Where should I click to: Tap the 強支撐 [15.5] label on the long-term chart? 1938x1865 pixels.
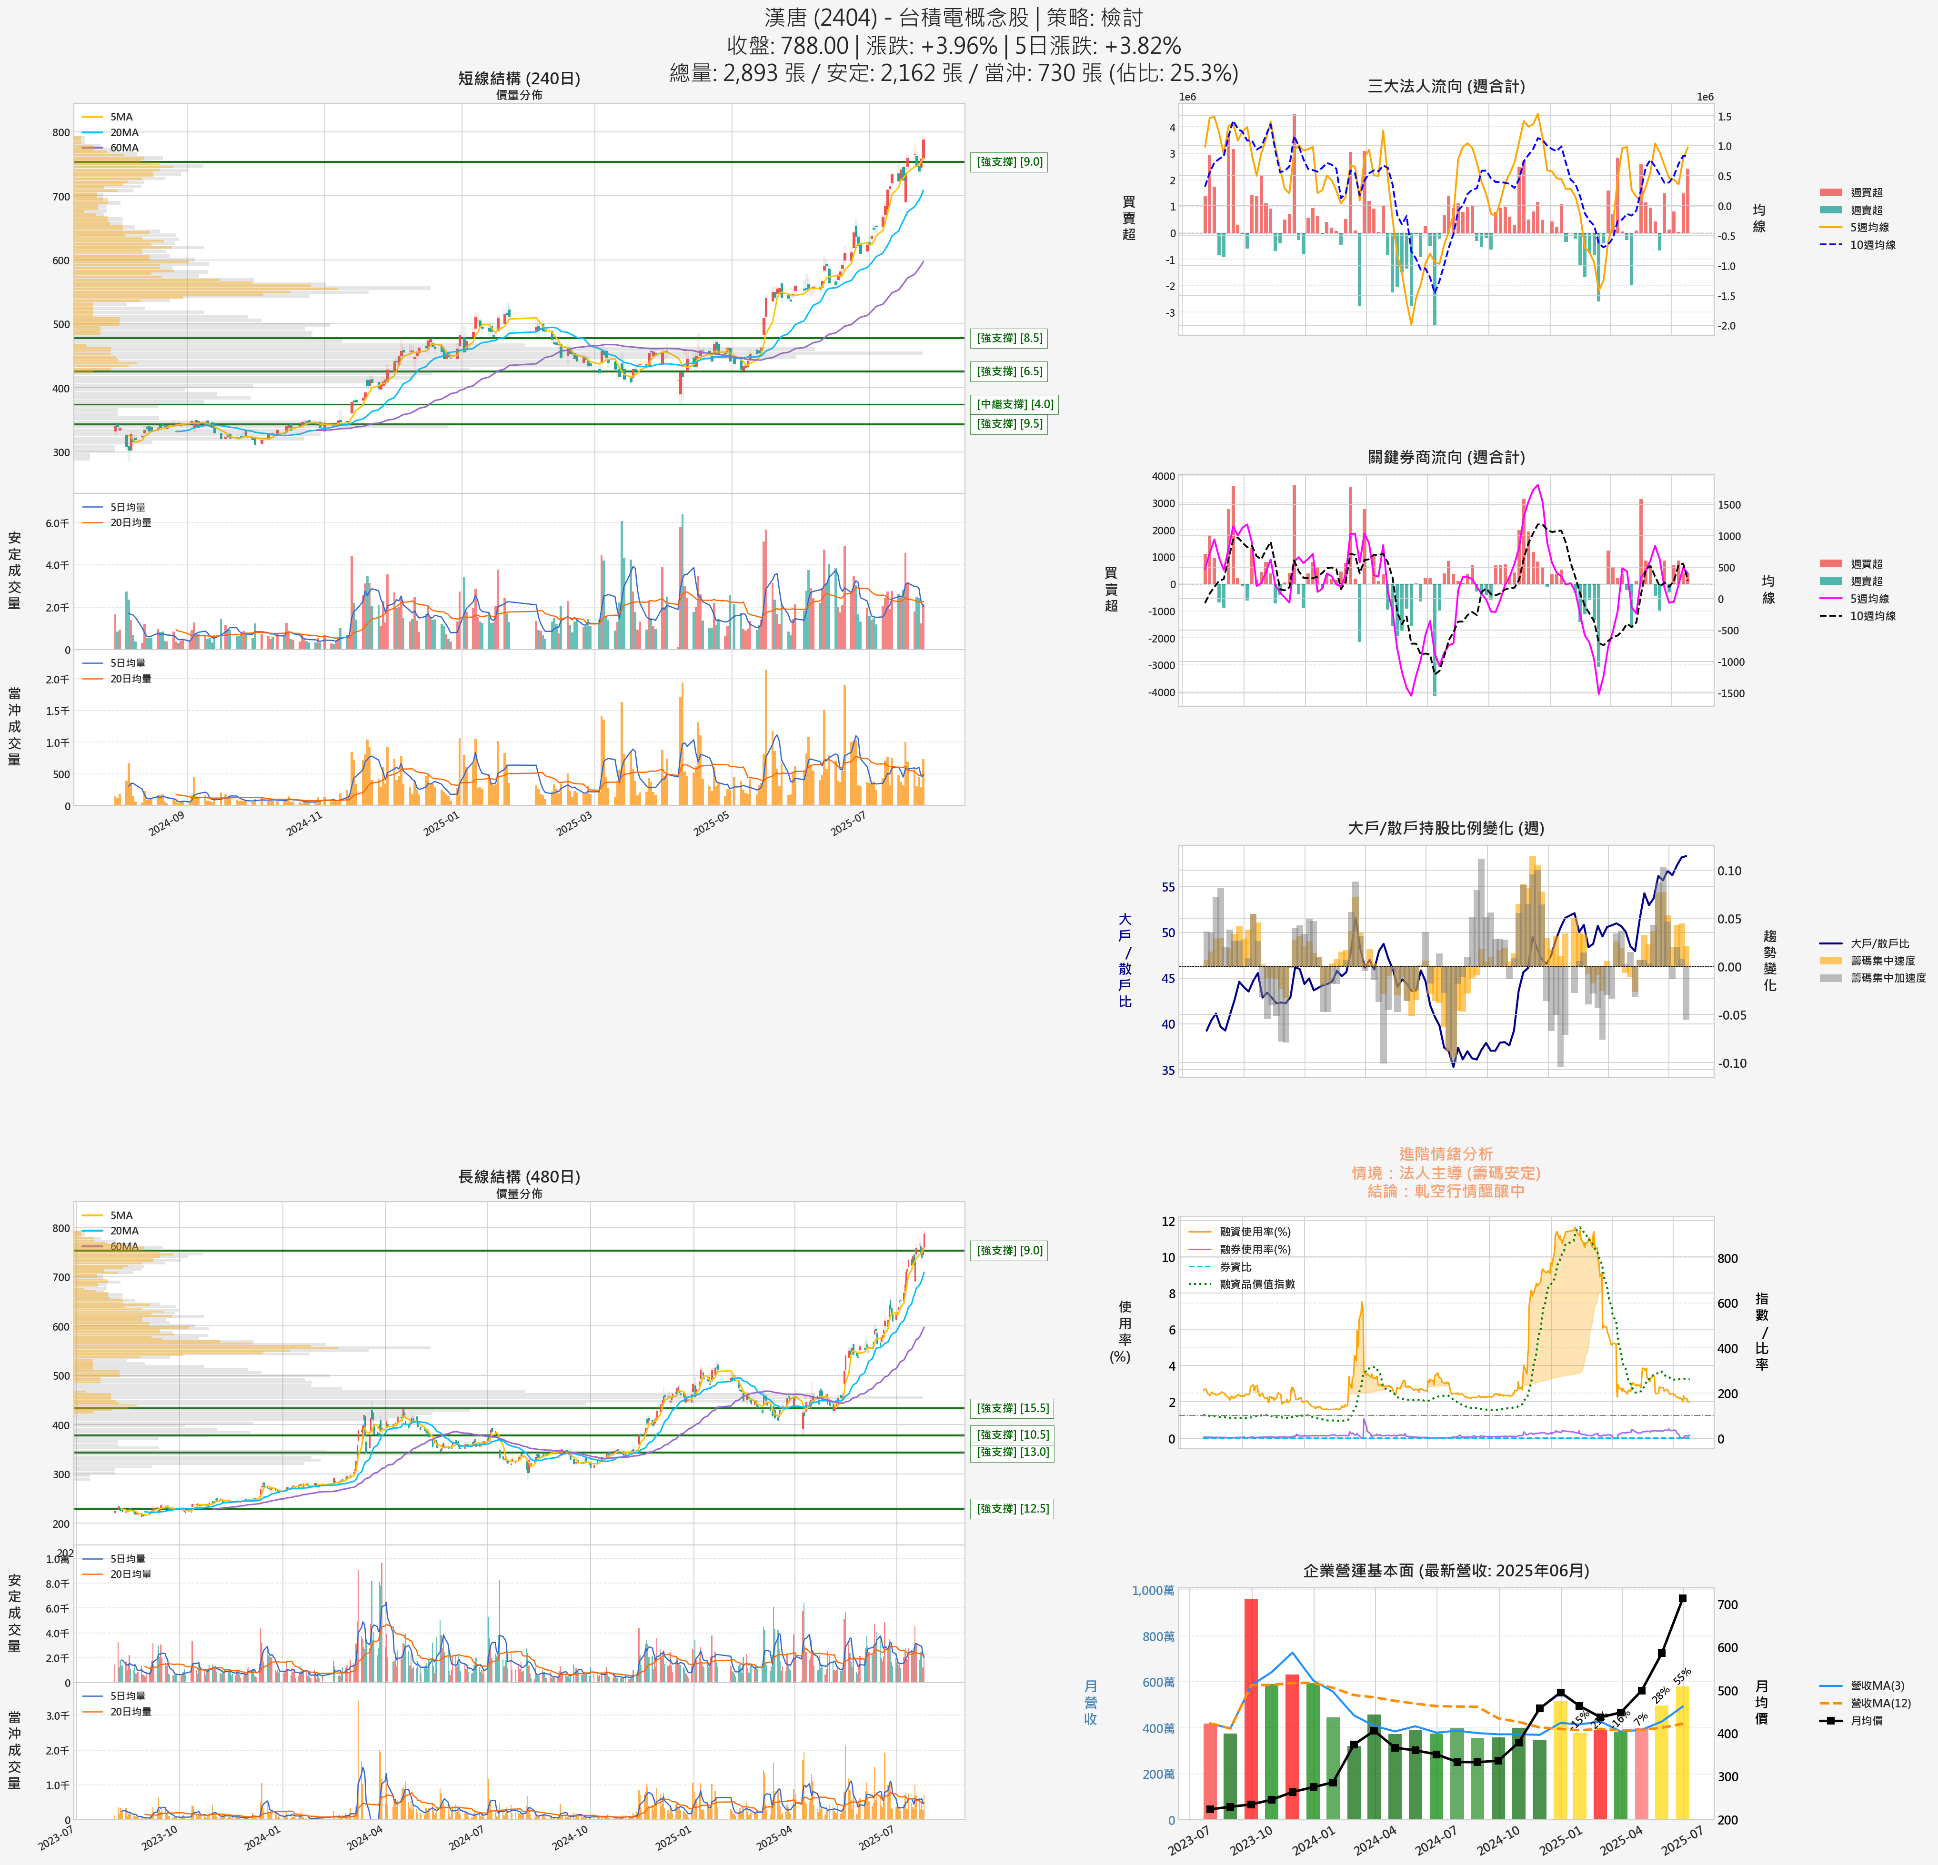1013,1408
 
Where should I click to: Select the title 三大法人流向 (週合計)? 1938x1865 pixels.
1446,86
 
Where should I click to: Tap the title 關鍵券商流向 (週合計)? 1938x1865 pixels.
1446,457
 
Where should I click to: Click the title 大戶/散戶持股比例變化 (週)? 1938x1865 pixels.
1446,828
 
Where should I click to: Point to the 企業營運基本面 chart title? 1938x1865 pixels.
1446,1570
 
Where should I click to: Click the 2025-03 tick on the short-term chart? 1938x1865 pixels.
573,824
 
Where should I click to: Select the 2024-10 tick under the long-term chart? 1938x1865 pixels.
571,1836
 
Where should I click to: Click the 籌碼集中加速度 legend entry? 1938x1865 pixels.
1887,978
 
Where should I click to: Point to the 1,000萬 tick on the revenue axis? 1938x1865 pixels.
1153,1590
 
